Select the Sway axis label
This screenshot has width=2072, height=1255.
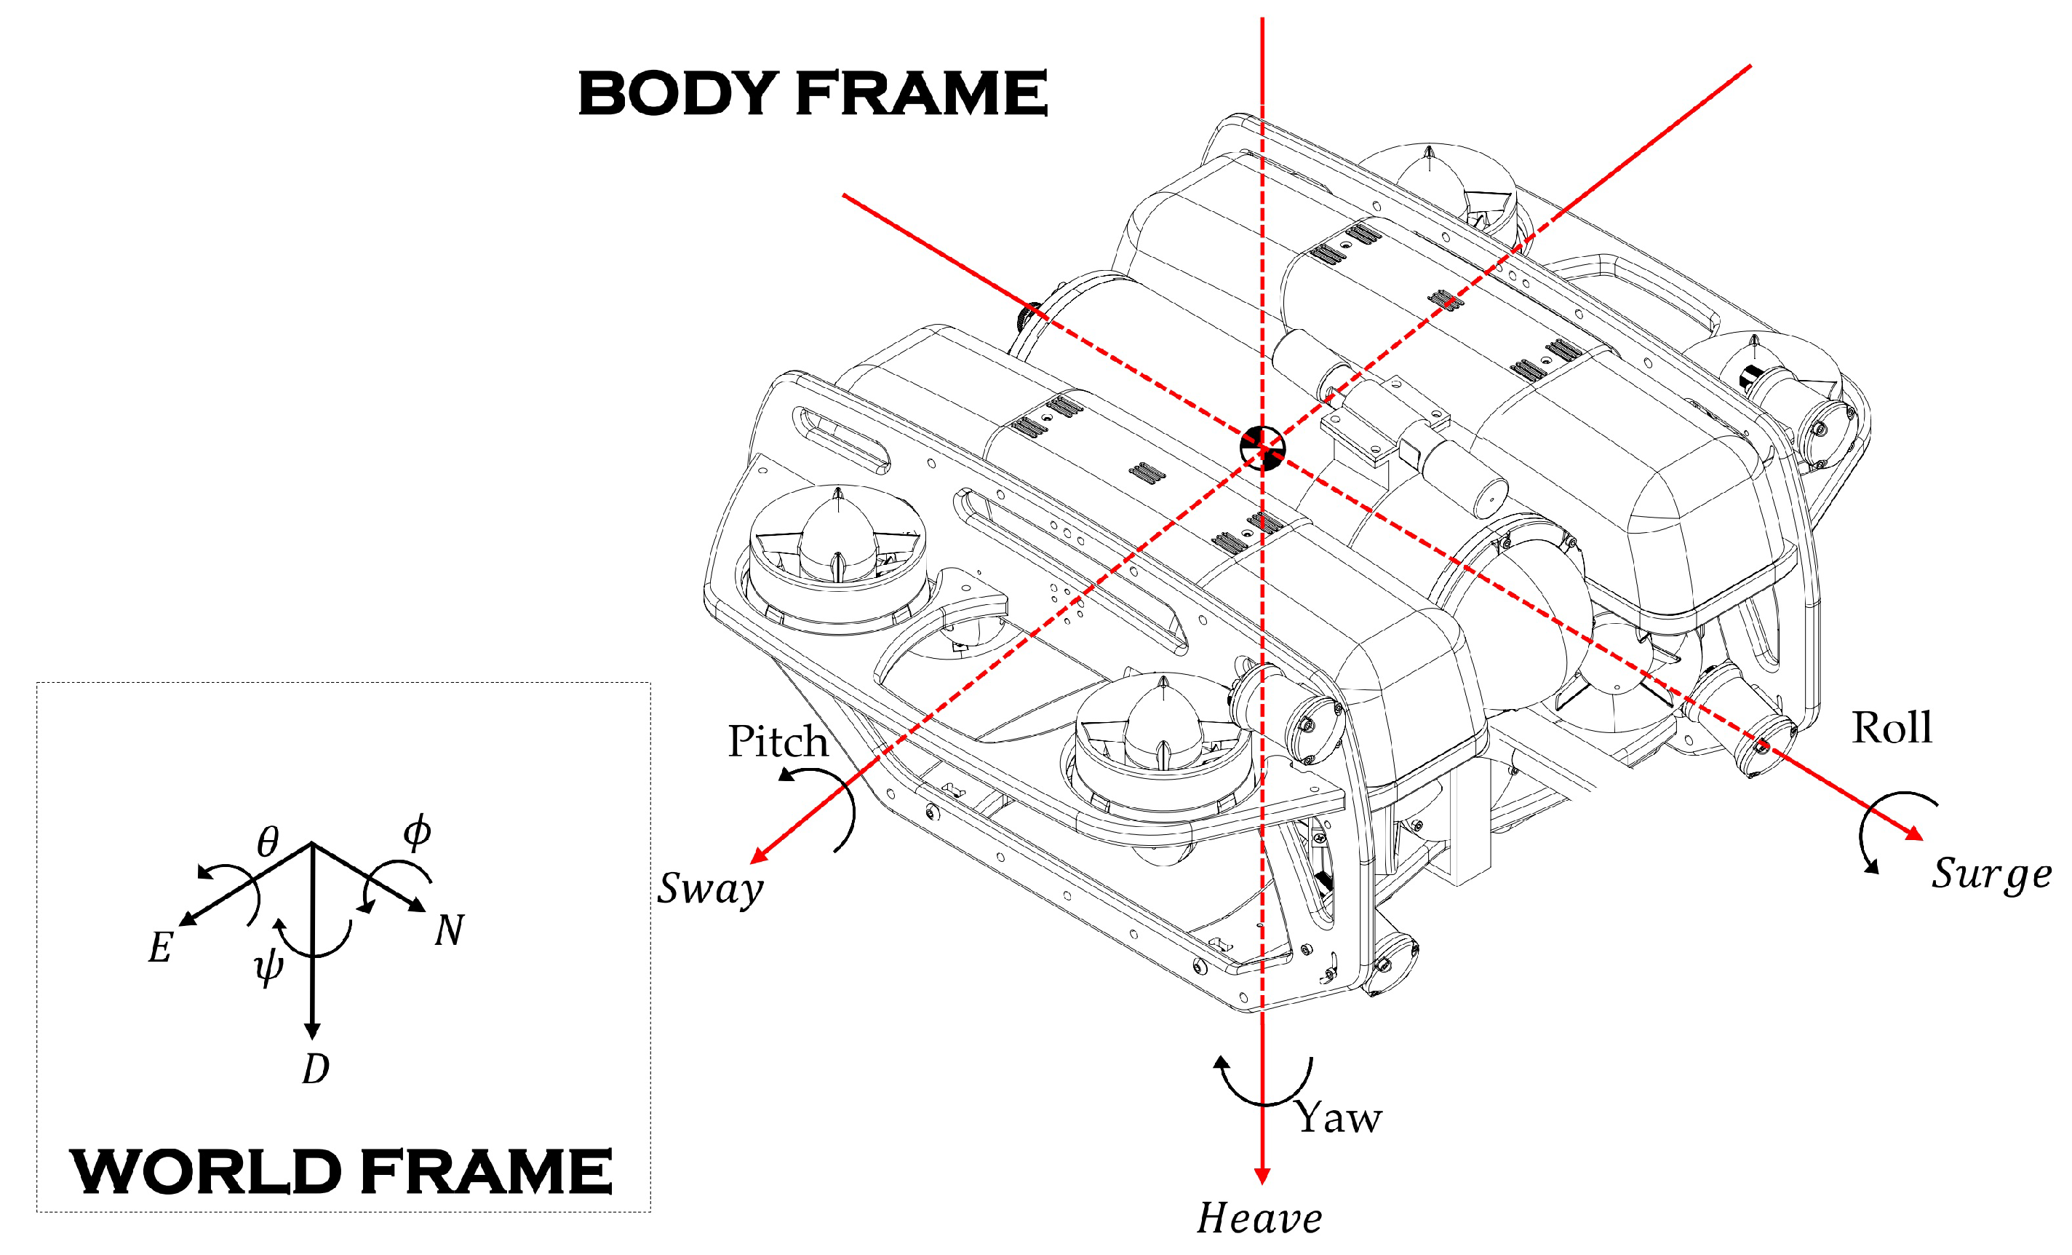[711, 889]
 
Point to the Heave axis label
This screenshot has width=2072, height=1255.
[1259, 1218]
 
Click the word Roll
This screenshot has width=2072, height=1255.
[1892, 728]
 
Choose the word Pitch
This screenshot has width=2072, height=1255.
[778, 741]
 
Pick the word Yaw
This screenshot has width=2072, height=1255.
[1339, 1117]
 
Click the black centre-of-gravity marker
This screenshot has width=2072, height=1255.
[1262, 448]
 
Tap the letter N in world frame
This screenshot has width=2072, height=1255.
[449, 930]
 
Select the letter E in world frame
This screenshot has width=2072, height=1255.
[161, 948]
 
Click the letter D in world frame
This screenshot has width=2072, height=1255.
[315, 1069]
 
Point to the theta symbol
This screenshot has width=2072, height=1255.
[268, 840]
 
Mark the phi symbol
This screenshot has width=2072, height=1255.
[417, 833]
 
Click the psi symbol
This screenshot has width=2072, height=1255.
[269, 968]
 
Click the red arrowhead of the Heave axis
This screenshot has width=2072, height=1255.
[1262, 1176]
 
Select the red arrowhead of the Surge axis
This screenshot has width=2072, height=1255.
[1914, 834]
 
